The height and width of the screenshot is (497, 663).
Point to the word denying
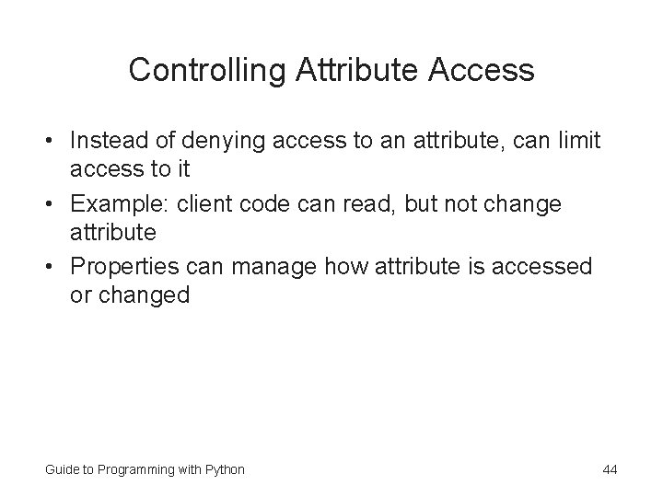point(224,141)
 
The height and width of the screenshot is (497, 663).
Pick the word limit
point(577,141)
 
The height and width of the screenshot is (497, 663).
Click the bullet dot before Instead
point(52,142)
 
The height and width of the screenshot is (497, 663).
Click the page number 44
point(610,469)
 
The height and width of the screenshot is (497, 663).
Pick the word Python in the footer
point(226,469)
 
